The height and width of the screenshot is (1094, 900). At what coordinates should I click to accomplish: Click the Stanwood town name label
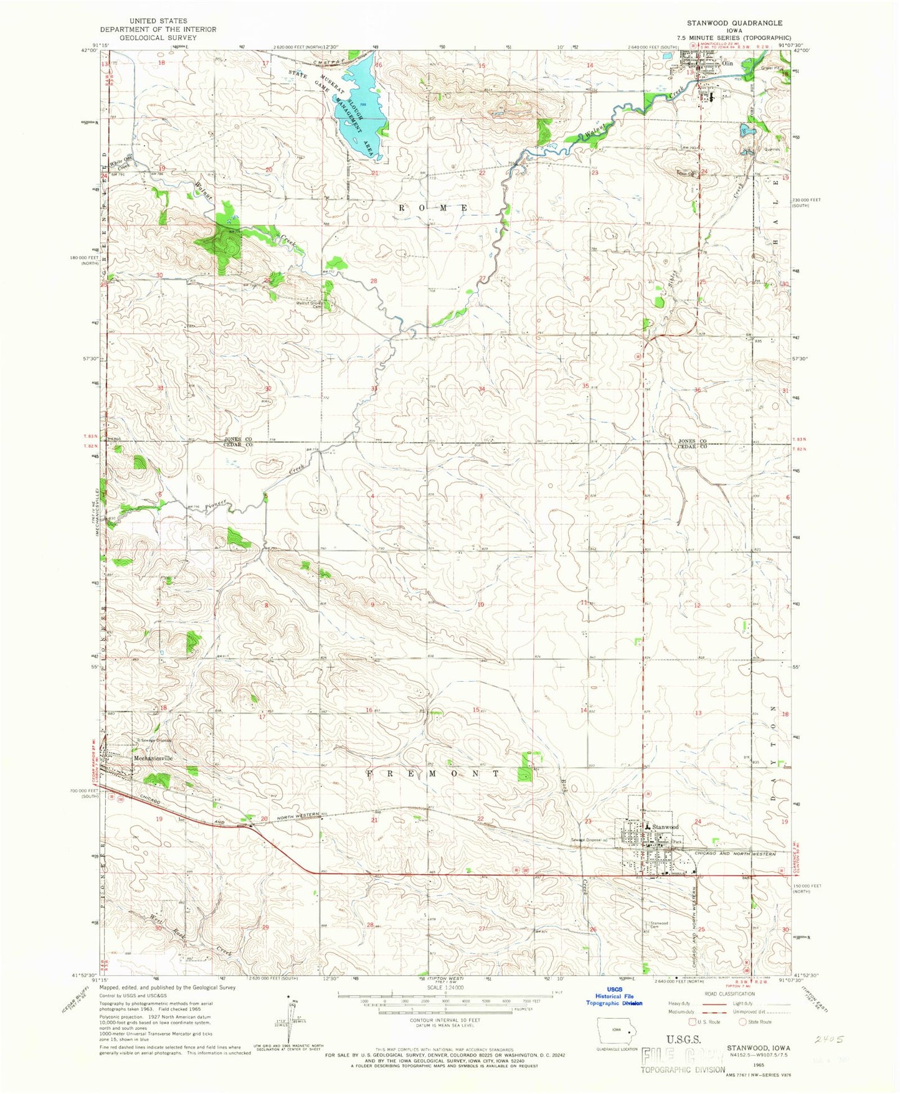coord(665,826)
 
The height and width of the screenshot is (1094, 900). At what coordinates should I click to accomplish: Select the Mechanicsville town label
coord(152,758)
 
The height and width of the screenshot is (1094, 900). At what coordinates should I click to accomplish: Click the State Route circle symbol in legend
coord(742,1022)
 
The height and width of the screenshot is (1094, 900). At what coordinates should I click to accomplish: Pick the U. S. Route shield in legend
coord(691,1022)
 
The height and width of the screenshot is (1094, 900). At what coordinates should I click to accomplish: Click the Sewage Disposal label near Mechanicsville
coord(155,740)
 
